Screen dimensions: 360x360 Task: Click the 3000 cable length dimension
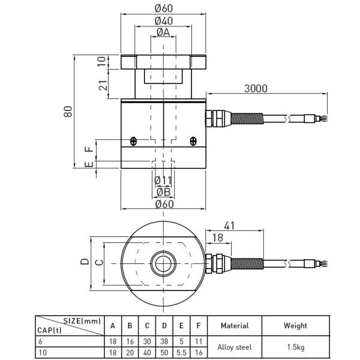click(256, 88)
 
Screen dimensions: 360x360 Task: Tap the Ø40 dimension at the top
click(164, 21)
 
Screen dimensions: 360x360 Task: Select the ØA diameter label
click(163, 32)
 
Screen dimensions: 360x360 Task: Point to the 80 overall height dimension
click(68, 112)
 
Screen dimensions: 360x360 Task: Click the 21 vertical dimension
click(103, 85)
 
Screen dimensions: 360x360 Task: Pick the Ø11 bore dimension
click(163, 181)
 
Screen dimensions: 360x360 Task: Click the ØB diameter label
click(163, 192)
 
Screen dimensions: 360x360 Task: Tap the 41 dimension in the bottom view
click(229, 226)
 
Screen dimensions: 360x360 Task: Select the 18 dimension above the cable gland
click(217, 238)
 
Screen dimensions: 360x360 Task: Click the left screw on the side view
click(133, 141)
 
